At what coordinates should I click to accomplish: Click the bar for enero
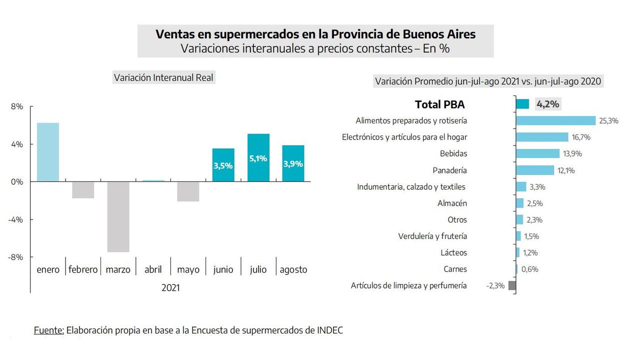(48, 152)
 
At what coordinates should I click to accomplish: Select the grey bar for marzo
(118, 216)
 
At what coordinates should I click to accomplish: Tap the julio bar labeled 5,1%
(258, 157)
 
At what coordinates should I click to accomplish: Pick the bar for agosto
(293, 163)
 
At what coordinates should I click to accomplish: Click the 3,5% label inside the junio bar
(223, 165)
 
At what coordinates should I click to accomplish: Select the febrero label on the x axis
(83, 269)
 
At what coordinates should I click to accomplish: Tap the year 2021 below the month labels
(170, 288)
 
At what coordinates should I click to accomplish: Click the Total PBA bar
(522, 104)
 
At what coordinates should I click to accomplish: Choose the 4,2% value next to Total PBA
(547, 104)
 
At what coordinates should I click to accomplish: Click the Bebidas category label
(453, 153)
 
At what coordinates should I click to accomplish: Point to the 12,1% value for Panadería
(566, 170)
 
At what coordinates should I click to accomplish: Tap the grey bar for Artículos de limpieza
(512, 285)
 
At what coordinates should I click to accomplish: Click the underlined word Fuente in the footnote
(49, 330)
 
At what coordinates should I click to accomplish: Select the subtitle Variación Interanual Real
(163, 77)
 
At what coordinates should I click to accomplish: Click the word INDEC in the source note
(330, 330)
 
